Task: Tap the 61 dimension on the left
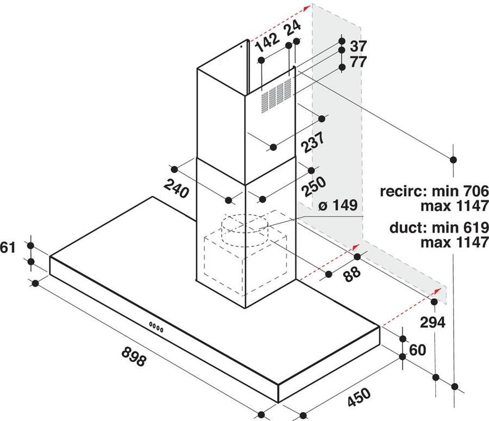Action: pos(7,248)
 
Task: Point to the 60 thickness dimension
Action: pos(417,350)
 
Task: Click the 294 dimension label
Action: pos(432,322)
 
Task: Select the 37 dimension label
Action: pos(358,46)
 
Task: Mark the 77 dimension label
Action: pos(358,61)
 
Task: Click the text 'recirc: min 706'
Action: pos(435,191)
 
